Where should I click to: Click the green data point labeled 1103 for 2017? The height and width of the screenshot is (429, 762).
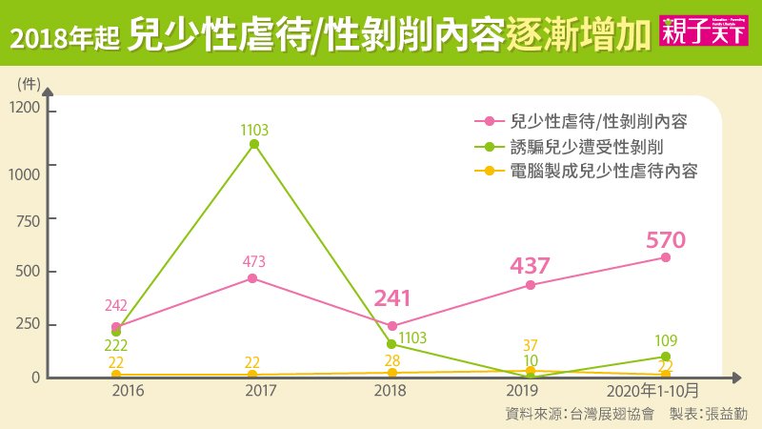[253, 144]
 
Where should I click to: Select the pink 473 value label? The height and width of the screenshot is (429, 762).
[253, 260]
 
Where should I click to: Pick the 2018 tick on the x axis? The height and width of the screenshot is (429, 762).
[391, 391]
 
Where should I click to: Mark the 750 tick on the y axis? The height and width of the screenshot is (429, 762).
[30, 217]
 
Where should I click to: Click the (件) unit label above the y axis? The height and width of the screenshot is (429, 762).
[30, 81]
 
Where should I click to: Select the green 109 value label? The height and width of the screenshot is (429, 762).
[666, 338]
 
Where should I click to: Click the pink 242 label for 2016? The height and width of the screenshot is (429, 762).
[116, 306]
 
